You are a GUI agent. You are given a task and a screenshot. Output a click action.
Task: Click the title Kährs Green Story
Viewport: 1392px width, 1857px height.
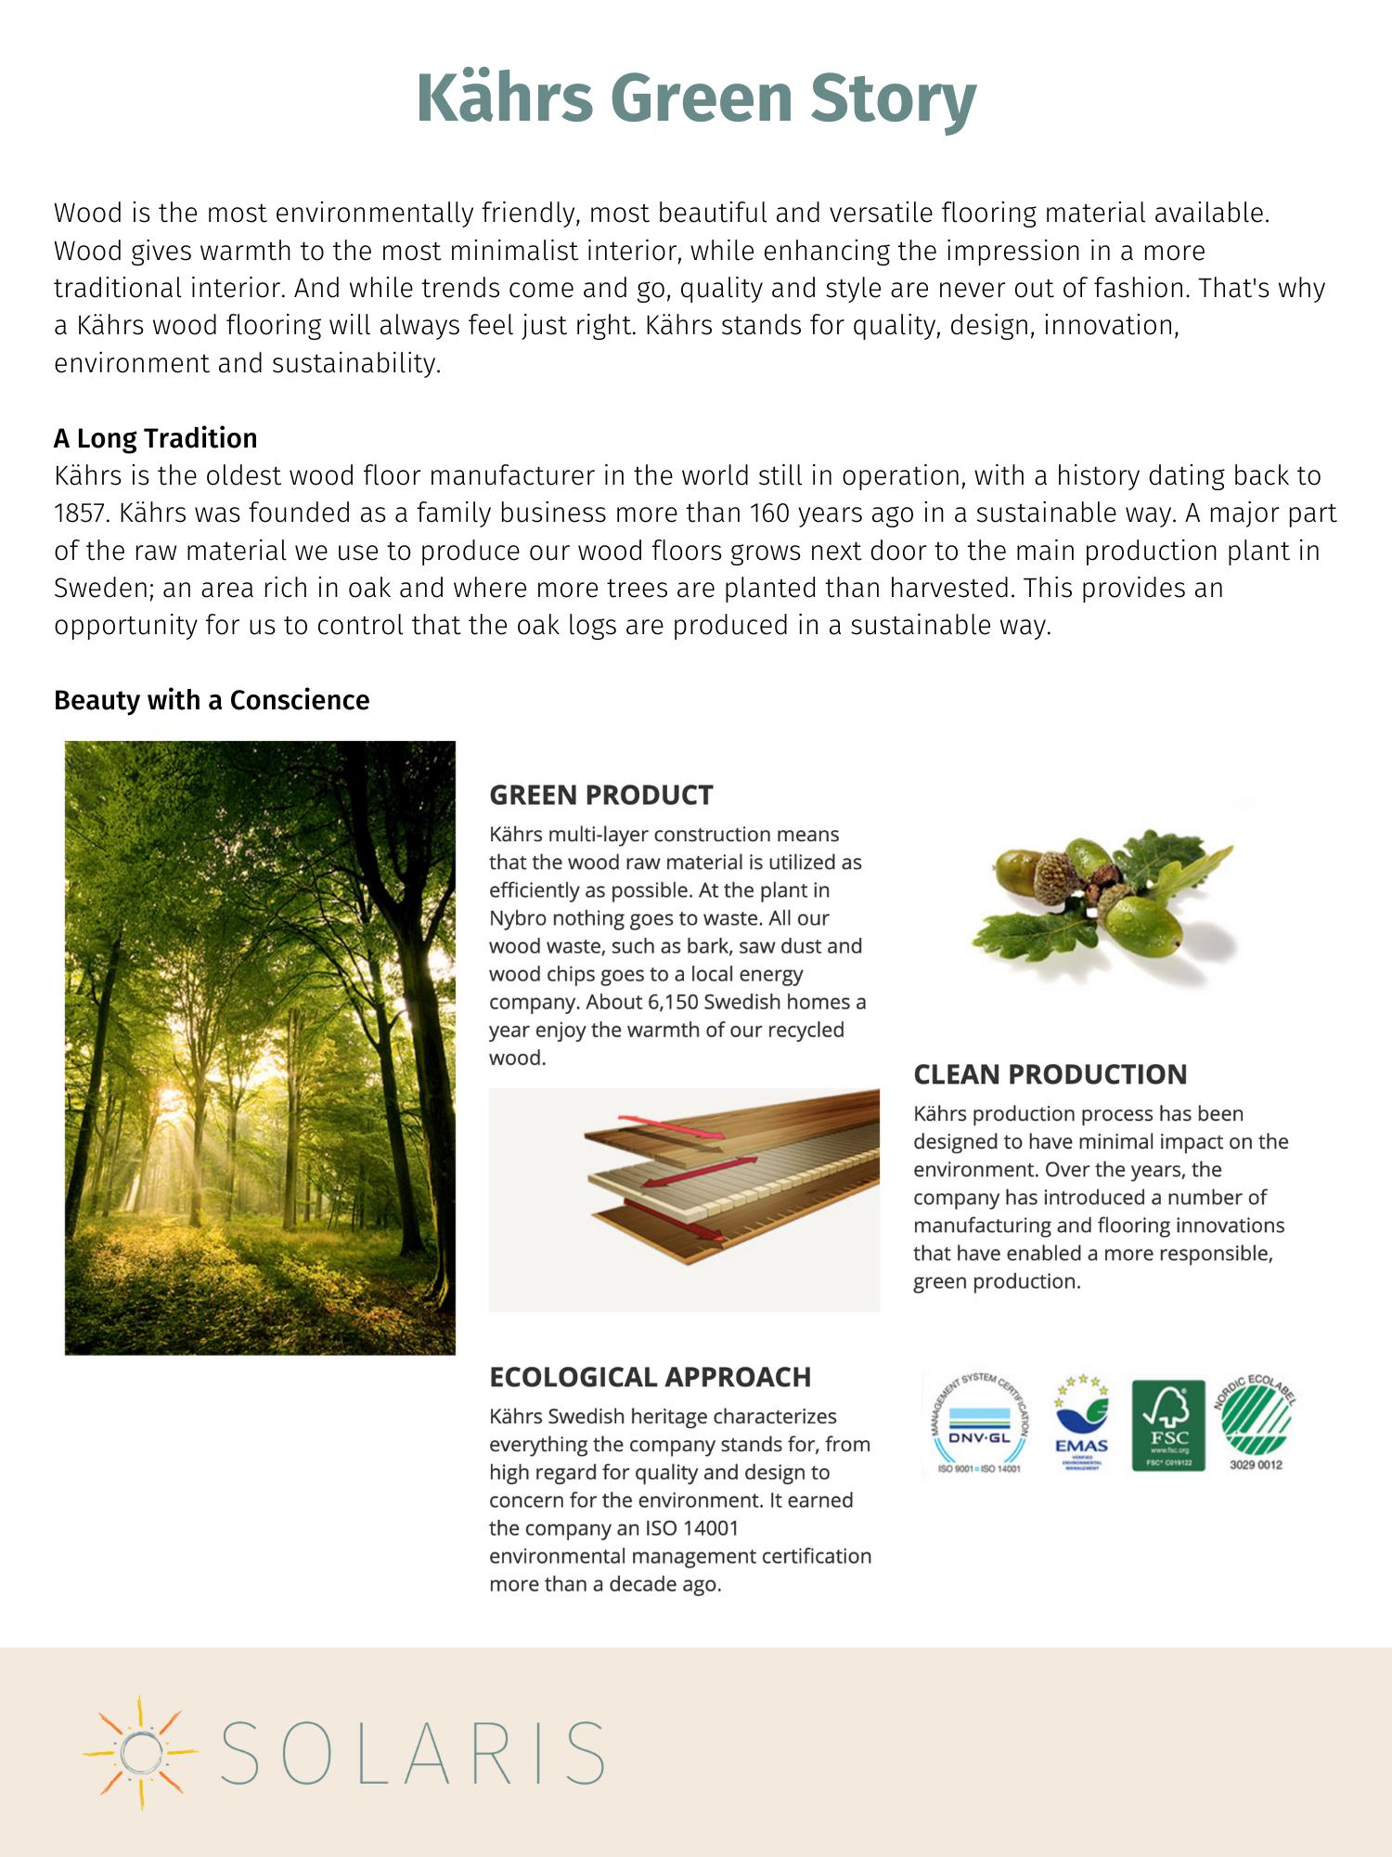pos(696,97)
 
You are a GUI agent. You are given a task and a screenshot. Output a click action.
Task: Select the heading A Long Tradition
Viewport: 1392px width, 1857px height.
pos(155,438)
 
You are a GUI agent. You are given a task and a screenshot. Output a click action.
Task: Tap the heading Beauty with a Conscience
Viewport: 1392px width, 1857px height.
pos(212,700)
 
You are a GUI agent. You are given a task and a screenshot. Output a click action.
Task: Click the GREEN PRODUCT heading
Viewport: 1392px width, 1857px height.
pos(600,795)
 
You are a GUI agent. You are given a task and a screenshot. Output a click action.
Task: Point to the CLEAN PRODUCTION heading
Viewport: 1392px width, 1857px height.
pos(1050,1074)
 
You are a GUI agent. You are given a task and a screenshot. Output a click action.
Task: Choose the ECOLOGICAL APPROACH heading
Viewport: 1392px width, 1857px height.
pos(650,1377)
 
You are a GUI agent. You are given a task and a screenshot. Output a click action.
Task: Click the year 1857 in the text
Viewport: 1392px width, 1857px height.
pos(82,513)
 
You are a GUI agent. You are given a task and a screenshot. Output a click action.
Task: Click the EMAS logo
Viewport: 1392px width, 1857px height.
pos(1081,1425)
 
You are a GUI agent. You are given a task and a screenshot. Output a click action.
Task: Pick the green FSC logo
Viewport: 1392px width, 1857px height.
pos(1168,1425)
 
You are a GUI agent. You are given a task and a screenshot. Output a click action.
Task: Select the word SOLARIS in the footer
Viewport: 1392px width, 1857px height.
pos(413,1752)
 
